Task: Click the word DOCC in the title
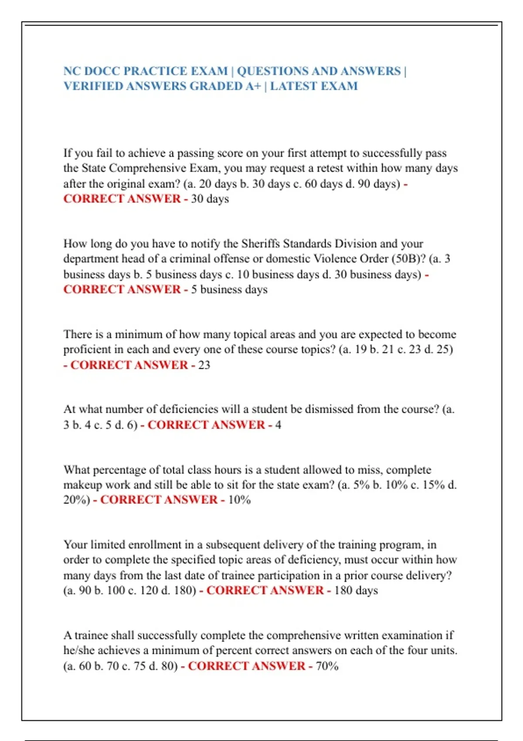coord(104,71)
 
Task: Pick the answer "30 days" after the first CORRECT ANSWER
coord(210,199)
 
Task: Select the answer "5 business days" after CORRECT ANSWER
coord(229,289)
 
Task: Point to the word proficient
coord(88,350)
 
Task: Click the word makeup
coord(82,485)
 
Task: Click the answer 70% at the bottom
coord(327,666)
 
